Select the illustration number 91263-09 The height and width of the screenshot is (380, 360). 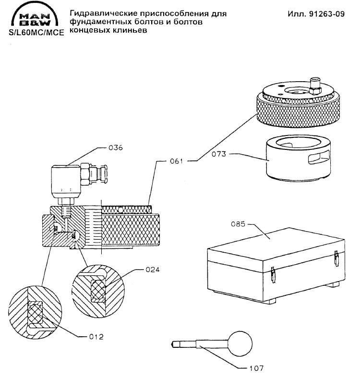[x=316, y=14]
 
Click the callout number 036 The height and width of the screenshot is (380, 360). [x=115, y=148]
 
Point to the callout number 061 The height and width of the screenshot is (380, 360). [x=177, y=162]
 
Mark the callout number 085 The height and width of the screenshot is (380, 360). [x=239, y=224]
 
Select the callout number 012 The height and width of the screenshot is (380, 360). [x=96, y=336]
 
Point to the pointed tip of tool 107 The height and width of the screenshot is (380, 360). [x=172, y=344]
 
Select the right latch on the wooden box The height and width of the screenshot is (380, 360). [x=336, y=259]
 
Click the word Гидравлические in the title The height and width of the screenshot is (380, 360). [x=104, y=13]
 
